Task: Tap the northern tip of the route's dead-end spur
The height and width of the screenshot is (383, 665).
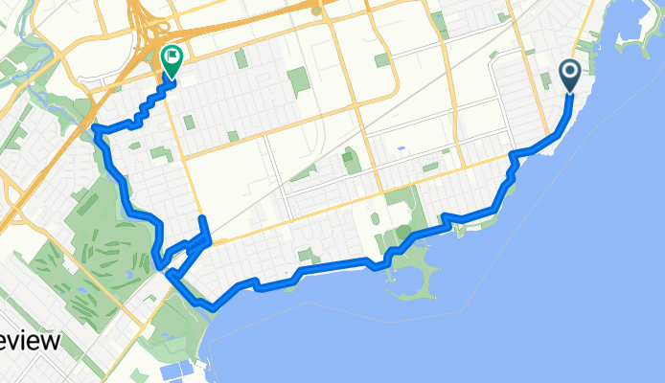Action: (202, 220)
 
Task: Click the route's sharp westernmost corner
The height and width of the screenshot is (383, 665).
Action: (96, 128)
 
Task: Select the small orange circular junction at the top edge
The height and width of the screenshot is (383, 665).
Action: (315, 11)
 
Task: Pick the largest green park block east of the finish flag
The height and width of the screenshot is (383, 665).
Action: (299, 81)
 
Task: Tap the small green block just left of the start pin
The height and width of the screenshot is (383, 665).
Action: (546, 80)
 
